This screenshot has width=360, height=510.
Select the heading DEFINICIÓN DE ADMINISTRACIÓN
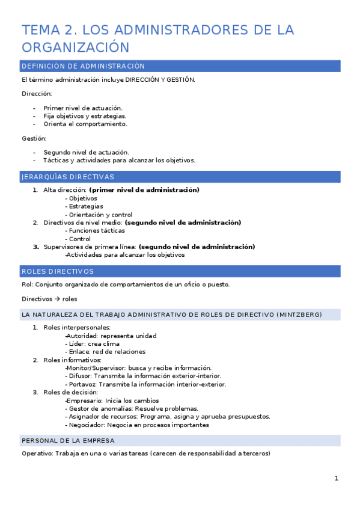(x=83, y=66)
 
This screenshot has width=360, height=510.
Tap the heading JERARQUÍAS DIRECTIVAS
(x=67, y=177)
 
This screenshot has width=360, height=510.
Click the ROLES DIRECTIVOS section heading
(x=57, y=271)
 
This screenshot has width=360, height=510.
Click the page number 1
(x=337, y=478)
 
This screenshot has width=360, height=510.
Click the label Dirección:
(x=37, y=94)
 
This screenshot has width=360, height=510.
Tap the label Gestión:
(x=34, y=138)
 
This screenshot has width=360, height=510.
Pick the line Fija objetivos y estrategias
(x=85, y=115)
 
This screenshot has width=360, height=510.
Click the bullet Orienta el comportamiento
(x=85, y=124)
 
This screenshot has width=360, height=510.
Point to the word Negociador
(x=85, y=425)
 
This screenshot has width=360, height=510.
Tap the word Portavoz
(x=82, y=384)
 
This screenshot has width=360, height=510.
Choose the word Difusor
(x=80, y=376)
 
